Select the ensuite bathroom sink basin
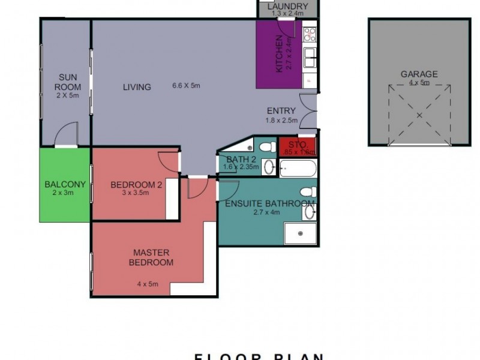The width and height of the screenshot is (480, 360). tap(310, 211)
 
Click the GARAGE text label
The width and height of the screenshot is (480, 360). tap(419, 74)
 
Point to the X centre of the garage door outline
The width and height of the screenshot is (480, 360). tap(419, 114)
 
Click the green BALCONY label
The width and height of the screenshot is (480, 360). tap(65, 184)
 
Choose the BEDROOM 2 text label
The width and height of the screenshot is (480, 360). tap(136, 185)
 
